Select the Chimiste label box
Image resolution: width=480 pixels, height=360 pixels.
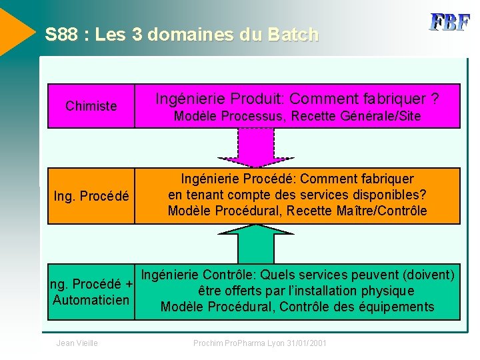pos(91,106)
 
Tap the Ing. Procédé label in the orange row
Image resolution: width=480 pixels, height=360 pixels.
pos(91,196)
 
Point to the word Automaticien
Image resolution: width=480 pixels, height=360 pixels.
pos(91,299)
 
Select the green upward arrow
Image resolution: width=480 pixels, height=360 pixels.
pos(265,243)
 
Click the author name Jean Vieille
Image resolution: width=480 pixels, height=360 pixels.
pos(77,343)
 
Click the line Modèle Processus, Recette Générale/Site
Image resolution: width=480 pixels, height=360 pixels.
pos(297,117)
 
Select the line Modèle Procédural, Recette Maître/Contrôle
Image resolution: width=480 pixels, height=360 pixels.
pos(297,211)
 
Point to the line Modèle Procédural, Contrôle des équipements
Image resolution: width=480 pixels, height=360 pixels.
pos(297,307)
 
